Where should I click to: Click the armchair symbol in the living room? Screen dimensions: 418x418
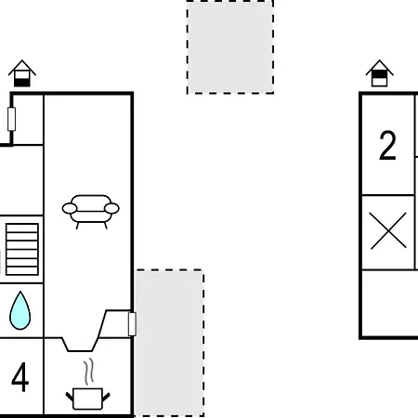click(x=91, y=212)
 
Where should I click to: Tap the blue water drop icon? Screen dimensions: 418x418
click(x=20, y=310)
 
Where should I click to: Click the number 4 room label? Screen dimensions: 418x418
click(x=20, y=377)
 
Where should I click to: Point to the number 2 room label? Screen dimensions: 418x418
click(x=387, y=145)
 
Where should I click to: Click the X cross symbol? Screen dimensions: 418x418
click(x=388, y=230)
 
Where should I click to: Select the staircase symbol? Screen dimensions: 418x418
click(x=22, y=249)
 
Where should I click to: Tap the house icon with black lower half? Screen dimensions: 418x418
click(x=22, y=73)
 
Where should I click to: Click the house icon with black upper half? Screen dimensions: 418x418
click(x=379, y=73)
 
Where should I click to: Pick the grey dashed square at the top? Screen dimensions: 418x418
click(x=230, y=46)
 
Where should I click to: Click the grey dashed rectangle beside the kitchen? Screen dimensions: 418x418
click(x=169, y=343)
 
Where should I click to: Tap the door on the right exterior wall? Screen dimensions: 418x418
click(x=132, y=324)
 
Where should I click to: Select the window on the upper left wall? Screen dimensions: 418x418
click(x=11, y=119)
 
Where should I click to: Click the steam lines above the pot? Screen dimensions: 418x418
click(x=88, y=372)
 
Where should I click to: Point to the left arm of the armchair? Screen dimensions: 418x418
click(x=70, y=208)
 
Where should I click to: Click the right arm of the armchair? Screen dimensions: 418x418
click(x=111, y=208)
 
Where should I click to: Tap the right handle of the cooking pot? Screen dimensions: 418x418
click(x=106, y=398)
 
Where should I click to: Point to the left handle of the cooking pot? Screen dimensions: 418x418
click(x=70, y=398)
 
